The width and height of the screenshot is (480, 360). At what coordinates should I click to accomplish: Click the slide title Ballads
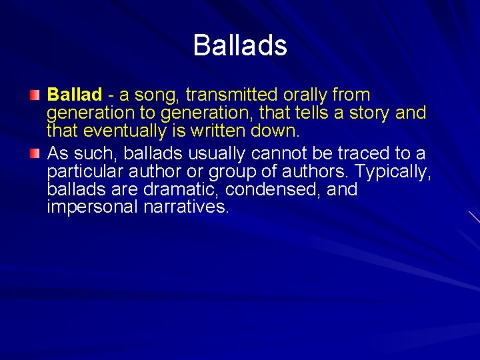click(x=240, y=46)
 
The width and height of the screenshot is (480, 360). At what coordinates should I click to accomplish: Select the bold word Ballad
click(x=75, y=95)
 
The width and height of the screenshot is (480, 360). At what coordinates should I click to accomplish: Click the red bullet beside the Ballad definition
click(x=35, y=95)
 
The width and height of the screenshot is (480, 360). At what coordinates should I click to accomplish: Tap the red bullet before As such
click(x=35, y=153)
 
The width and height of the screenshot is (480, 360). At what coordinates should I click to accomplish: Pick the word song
click(x=149, y=95)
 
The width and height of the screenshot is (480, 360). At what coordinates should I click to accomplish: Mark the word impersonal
click(x=93, y=207)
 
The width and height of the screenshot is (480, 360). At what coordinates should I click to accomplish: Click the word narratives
click(x=186, y=207)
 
